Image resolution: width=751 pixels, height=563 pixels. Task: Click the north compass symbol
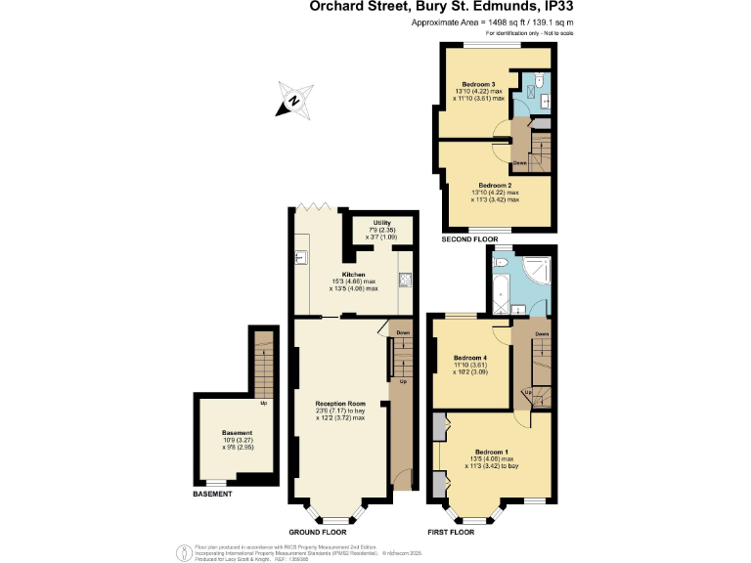pos(293,100)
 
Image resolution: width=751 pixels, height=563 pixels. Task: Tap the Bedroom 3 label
pos(479,84)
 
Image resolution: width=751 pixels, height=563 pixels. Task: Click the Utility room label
pos(381,223)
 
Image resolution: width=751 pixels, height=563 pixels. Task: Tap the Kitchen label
pos(353,275)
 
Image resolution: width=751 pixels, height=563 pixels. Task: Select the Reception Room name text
pos(339,403)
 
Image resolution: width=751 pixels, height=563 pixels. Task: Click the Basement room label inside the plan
pos(237,432)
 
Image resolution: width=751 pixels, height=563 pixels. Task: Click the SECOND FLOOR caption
pos(470,238)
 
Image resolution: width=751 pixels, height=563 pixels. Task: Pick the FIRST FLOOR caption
pos(451,532)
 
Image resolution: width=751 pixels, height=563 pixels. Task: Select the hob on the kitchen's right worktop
pos(404,279)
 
